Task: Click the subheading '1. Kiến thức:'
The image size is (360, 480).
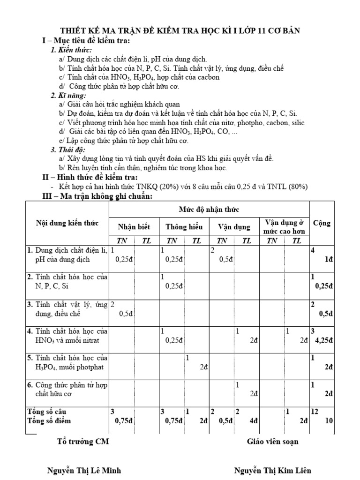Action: click(71, 50)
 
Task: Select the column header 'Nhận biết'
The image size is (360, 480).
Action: click(134, 227)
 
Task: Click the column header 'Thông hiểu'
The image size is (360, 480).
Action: click(184, 227)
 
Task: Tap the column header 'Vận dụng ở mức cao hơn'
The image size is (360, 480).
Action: click(285, 223)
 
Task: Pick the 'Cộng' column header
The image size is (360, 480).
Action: click(322, 223)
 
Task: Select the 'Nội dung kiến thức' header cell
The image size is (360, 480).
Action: click(67, 223)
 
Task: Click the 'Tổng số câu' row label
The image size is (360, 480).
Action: click(46, 411)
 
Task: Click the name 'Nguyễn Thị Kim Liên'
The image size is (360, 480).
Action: click(272, 470)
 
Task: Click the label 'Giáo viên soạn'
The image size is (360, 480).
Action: click(272, 441)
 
